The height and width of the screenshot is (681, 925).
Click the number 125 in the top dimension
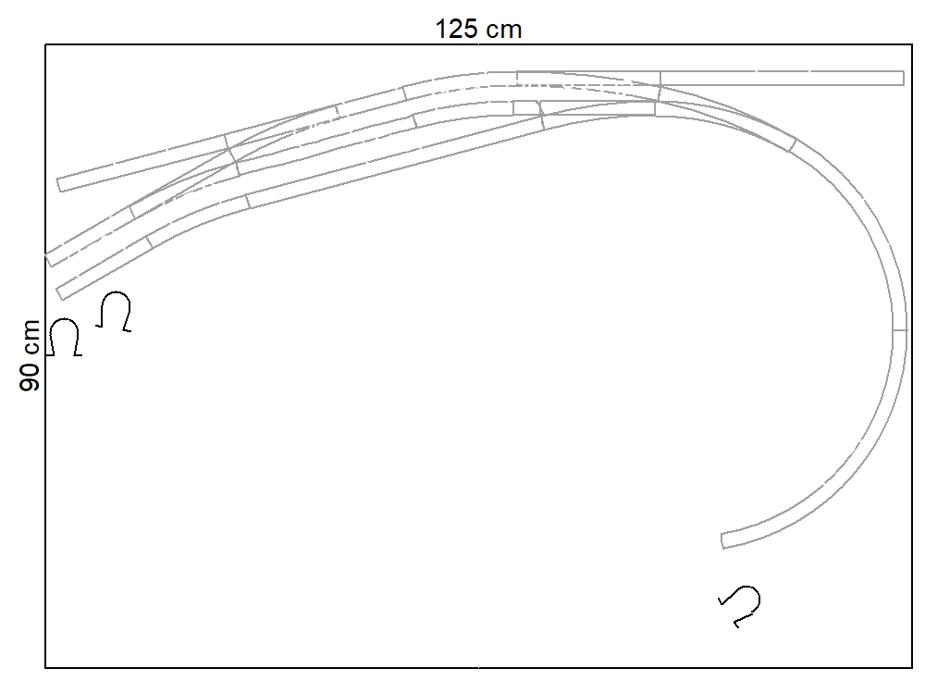(x=456, y=29)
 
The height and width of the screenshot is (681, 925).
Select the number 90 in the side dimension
(x=30, y=378)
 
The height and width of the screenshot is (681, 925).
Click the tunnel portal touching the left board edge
(x=65, y=337)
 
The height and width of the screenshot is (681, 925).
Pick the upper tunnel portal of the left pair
(x=114, y=311)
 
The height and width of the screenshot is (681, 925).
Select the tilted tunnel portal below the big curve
(x=740, y=606)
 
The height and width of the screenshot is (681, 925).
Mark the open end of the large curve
(x=722, y=541)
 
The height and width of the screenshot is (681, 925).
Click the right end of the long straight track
(x=903, y=78)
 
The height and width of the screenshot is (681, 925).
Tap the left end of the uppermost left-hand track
(x=59, y=185)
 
